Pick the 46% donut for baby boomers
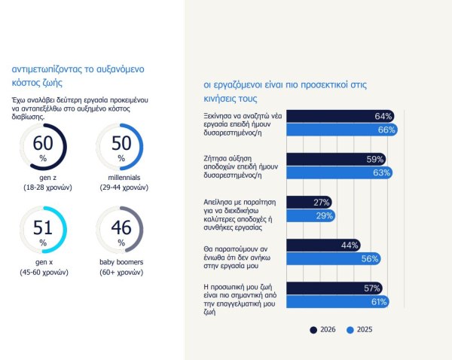click(x=121, y=230)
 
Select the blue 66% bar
click(x=344, y=130)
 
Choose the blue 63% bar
click(x=341, y=173)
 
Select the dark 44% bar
click(x=325, y=246)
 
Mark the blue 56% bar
click(x=335, y=259)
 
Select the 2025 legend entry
click(x=361, y=329)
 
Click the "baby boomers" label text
click(x=121, y=261)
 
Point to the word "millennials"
click(x=121, y=176)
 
